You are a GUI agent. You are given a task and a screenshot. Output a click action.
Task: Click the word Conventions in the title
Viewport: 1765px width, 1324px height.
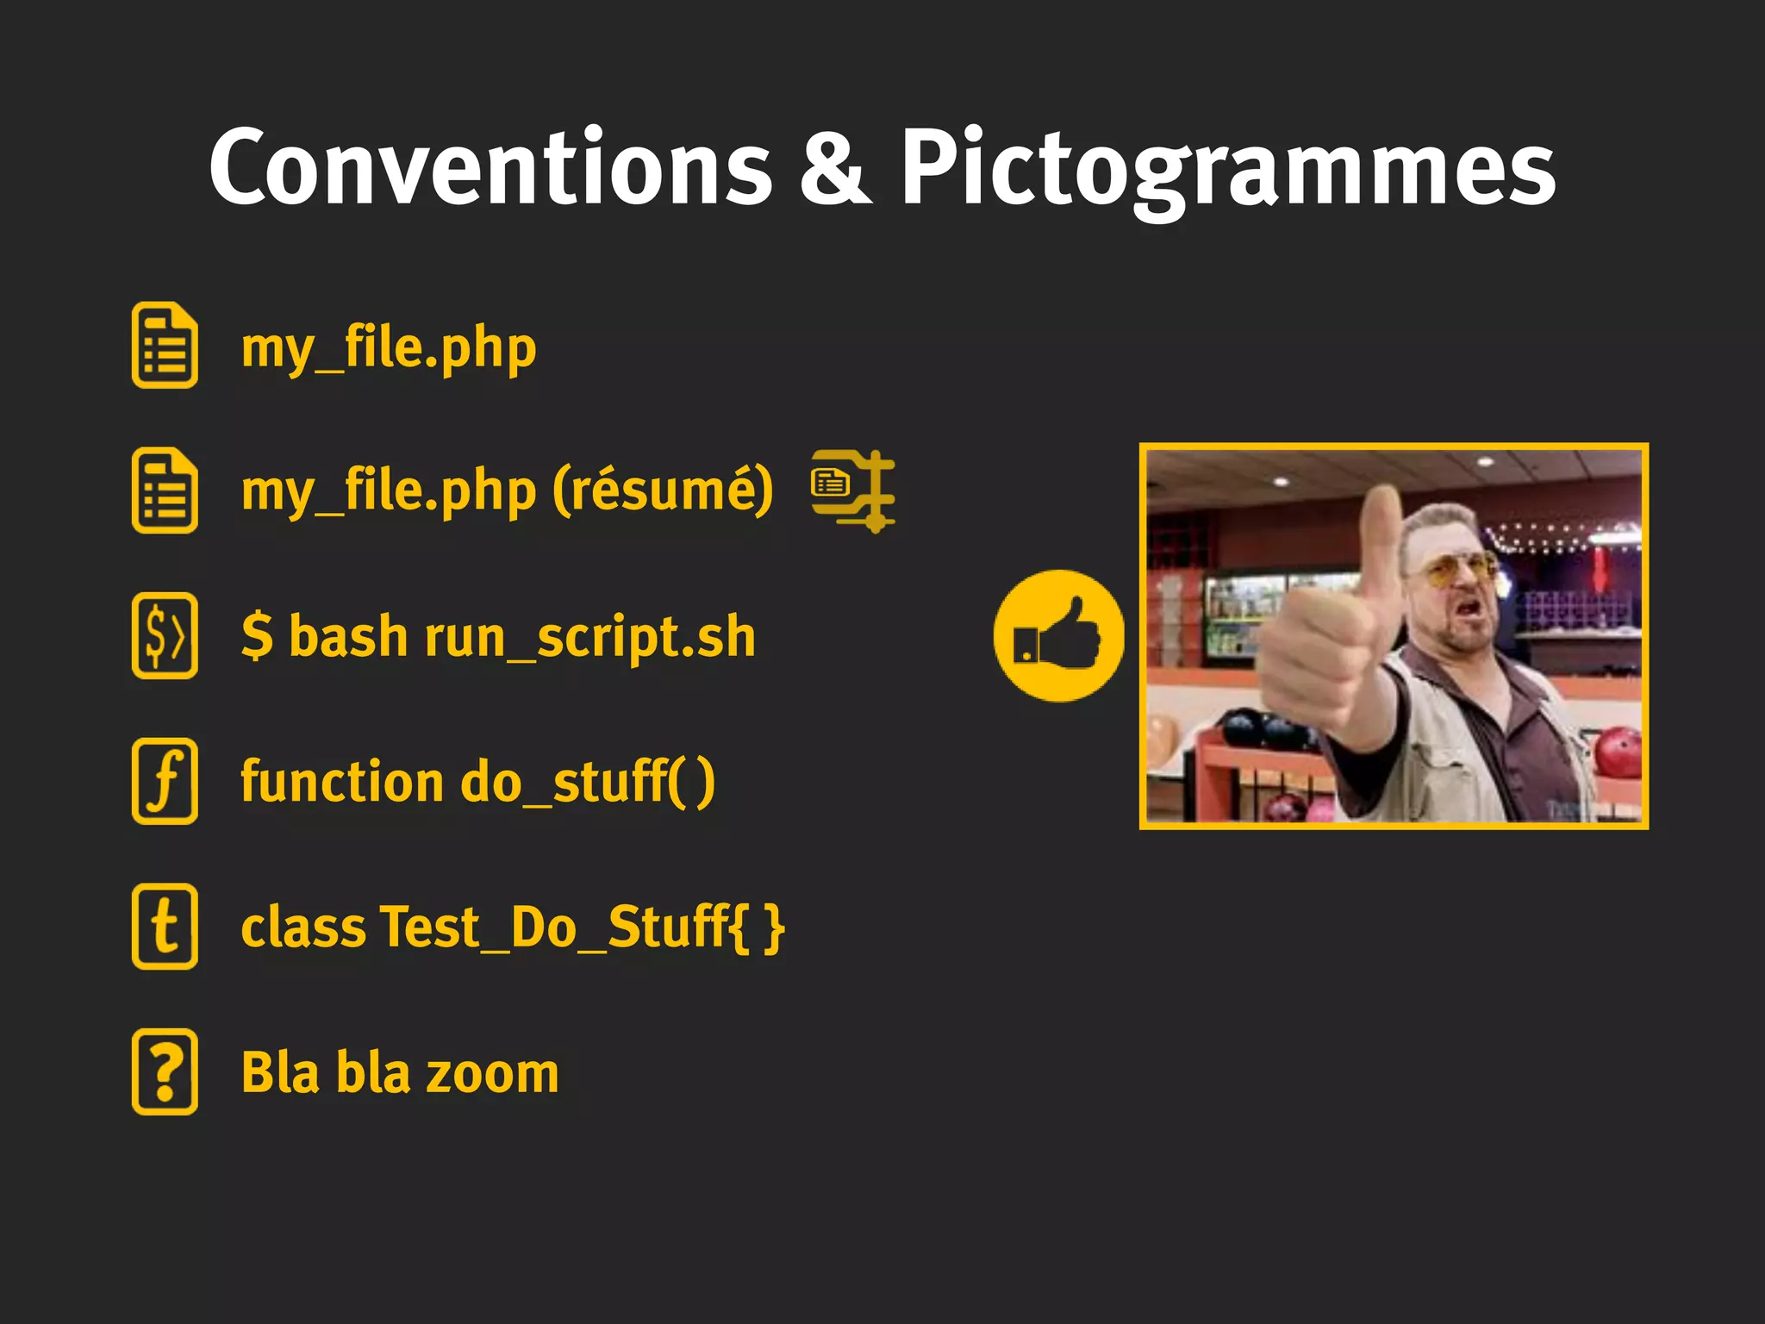(x=491, y=168)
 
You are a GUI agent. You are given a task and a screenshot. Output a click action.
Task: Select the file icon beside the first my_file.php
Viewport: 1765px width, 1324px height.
(x=165, y=345)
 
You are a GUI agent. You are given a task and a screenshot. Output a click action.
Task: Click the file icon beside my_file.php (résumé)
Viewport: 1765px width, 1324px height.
(x=165, y=490)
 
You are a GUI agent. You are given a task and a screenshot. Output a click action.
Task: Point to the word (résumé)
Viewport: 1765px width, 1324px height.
(x=662, y=490)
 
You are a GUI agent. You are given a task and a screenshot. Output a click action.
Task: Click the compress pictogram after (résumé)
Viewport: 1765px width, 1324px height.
(x=853, y=490)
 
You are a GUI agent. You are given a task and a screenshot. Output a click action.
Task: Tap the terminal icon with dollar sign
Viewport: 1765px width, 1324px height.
(x=165, y=635)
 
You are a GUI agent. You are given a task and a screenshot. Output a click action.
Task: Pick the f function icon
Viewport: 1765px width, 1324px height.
(x=165, y=781)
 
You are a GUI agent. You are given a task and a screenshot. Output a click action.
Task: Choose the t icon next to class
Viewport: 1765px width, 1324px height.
(x=165, y=927)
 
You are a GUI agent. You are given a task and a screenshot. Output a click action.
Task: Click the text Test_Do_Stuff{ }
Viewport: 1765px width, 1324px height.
(x=582, y=927)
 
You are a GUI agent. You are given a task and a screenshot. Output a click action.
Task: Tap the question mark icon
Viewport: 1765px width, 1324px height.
(x=165, y=1071)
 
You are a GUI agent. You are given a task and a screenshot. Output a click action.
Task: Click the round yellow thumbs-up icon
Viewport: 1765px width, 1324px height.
(x=1058, y=636)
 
